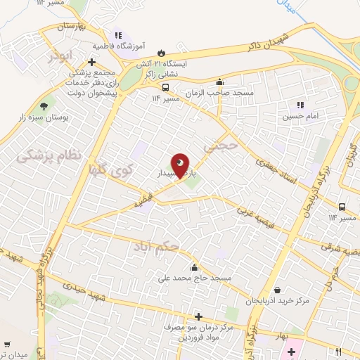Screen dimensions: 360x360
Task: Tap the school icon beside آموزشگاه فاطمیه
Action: point(117,34)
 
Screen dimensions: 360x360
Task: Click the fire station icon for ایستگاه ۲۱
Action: point(162,52)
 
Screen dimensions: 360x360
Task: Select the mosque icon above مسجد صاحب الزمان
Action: point(219,82)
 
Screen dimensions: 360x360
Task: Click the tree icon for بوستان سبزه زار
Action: point(44,106)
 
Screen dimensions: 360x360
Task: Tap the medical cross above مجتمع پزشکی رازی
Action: point(92,62)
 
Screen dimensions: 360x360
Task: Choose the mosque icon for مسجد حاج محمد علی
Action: point(194,267)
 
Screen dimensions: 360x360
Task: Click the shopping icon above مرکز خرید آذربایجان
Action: point(278,290)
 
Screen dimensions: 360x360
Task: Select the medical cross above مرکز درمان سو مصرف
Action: point(198,316)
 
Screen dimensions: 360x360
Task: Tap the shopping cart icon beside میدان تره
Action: point(7,345)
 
